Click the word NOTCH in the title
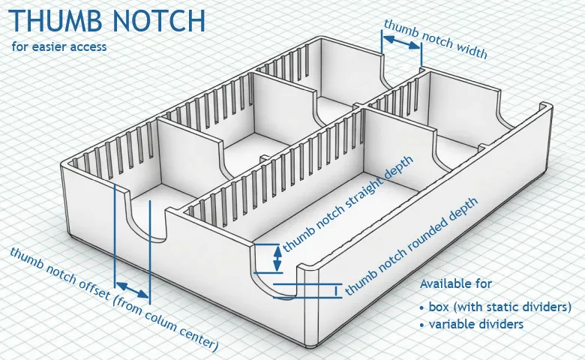(159, 20)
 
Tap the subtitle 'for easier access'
(59, 46)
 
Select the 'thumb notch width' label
(436, 39)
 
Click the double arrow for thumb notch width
(401, 42)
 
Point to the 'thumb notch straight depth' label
(348, 204)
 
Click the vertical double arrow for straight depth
(277, 259)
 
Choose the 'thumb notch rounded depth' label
(411, 246)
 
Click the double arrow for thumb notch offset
(133, 290)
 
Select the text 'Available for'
(456, 283)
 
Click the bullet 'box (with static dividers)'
(496, 307)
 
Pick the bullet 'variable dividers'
(472, 324)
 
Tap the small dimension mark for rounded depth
(336, 290)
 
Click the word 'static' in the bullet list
(499, 307)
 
